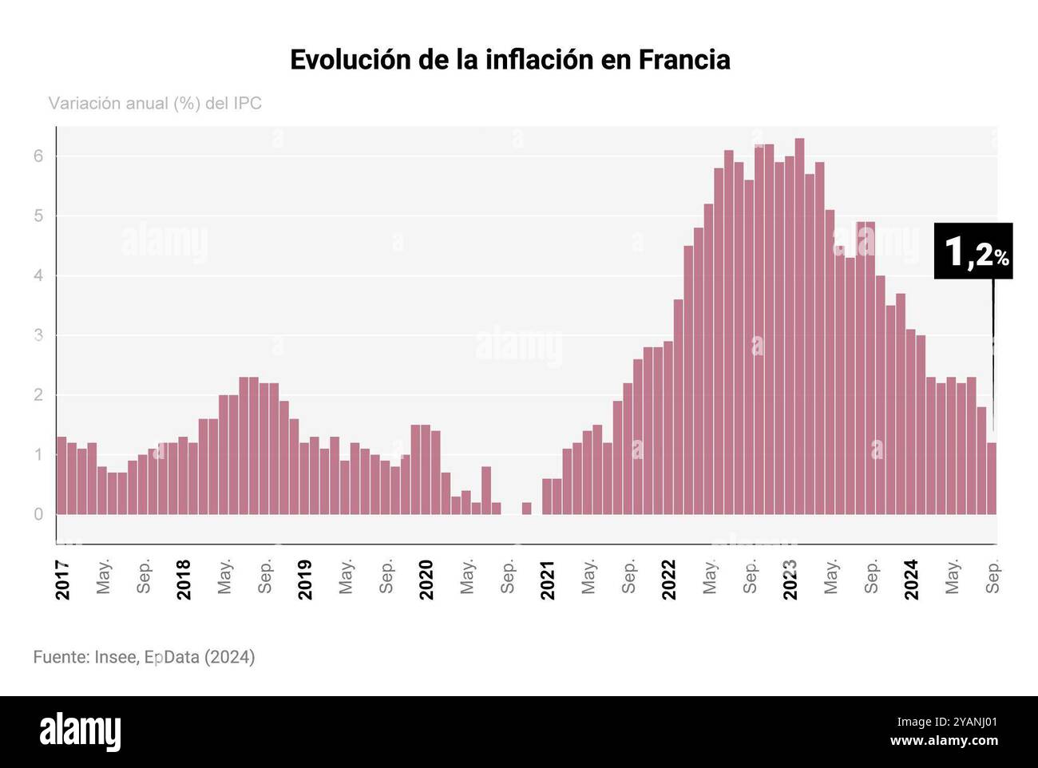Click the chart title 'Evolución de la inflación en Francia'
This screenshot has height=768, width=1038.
point(509,60)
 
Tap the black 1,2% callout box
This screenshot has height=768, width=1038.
point(973,251)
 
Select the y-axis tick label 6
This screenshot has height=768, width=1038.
point(38,156)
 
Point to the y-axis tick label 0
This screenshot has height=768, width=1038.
point(38,515)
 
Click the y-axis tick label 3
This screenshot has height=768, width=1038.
point(38,335)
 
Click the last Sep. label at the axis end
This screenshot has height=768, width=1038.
point(993,576)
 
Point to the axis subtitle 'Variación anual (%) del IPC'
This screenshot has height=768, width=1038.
point(155,104)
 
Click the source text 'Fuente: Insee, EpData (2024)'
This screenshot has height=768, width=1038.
point(144,657)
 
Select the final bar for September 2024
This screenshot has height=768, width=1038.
point(991,479)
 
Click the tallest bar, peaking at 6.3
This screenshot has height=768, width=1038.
point(799,327)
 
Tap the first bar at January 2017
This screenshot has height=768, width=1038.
point(61,476)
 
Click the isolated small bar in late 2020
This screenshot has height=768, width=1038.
point(526,509)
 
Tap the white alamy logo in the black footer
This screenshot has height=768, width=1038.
point(80,731)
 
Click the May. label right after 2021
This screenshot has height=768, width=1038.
point(589,576)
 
